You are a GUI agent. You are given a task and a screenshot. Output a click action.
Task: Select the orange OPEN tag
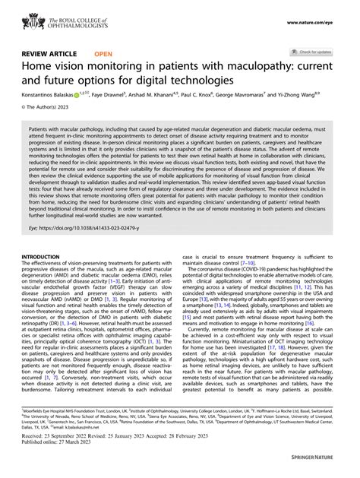coord(104,55)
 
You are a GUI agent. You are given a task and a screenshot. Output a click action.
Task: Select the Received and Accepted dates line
coord(125,459)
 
